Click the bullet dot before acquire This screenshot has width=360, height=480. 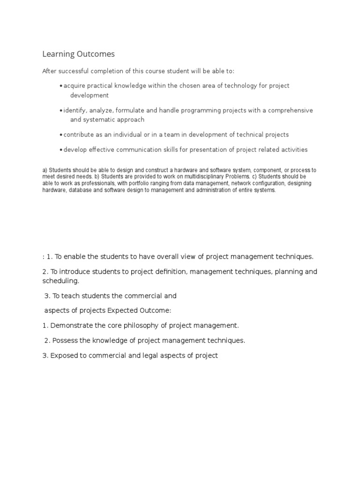click(61, 86)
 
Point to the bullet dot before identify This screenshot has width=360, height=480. click(61, 111)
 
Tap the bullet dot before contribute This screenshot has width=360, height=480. click(61, 135)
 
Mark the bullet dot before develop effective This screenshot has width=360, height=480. click(61, 150)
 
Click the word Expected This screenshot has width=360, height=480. click(133, 310)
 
